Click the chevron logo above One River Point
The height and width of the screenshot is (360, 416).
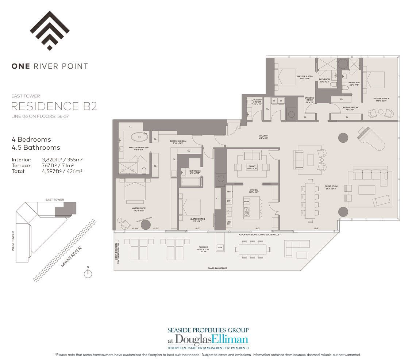tap(50, 31)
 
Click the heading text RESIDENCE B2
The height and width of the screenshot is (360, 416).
tap(54, 106)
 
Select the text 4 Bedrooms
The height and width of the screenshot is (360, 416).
tap(31, 139)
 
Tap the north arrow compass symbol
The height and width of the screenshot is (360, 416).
tap(88, 274)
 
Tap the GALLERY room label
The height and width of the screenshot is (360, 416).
tap(263, 136)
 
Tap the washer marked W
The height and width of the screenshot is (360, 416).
tap(274, 101)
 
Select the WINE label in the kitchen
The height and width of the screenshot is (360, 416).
tap(246, 202)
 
